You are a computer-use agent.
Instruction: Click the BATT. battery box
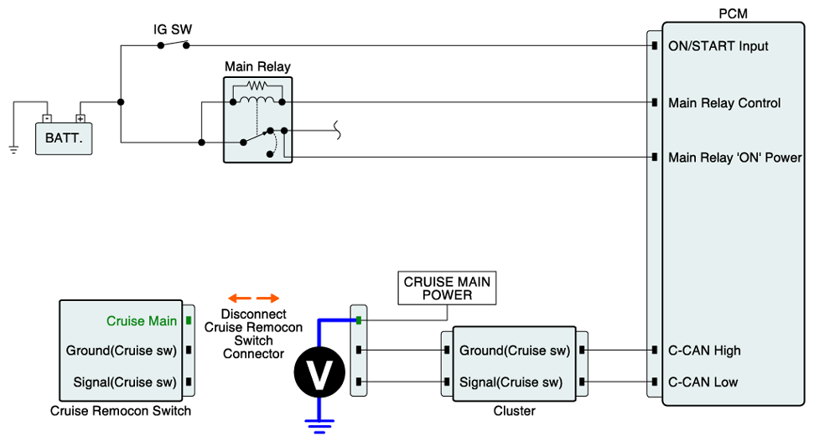64,138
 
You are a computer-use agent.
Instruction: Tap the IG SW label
173,29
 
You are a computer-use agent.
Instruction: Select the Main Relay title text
257,66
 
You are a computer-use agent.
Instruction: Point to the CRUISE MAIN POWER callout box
447,289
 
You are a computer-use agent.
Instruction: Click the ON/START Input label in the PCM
718,46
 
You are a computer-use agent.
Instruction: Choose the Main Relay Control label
724,103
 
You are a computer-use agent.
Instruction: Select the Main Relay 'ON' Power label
734,158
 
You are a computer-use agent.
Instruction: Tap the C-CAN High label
704,351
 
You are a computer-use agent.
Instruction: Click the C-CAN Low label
703,382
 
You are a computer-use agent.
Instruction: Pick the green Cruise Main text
142,320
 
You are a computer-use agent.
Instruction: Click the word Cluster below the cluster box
514,411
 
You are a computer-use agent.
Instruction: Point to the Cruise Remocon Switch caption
121,411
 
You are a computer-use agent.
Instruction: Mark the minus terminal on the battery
48,118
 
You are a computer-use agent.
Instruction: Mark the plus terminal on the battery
80,118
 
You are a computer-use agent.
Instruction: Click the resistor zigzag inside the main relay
257,86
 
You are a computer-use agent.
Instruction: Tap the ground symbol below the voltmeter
319,426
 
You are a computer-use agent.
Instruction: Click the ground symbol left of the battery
13,149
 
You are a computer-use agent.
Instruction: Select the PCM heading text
733,14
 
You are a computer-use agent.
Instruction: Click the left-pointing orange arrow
239,298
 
